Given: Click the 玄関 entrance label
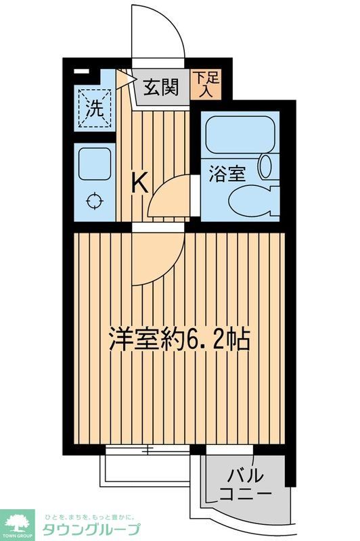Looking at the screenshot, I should pyautogui.click(x=160, y=87).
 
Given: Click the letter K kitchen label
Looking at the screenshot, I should pyautogui.click(x=139, y=183).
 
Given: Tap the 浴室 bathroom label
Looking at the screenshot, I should pyautogui.click(x=229, y=173).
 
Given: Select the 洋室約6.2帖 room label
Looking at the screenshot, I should pyautogui.click(x=180, y=339).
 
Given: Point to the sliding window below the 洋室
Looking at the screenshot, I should pyautogui.click(x=148, y=449).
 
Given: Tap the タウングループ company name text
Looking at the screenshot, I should pyautogui.click(x=92, y=530).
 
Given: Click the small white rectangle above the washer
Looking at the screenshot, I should pyautogui.click(x=81, y=70).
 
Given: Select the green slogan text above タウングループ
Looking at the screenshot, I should pyautogui.click(x=92, y=515).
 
